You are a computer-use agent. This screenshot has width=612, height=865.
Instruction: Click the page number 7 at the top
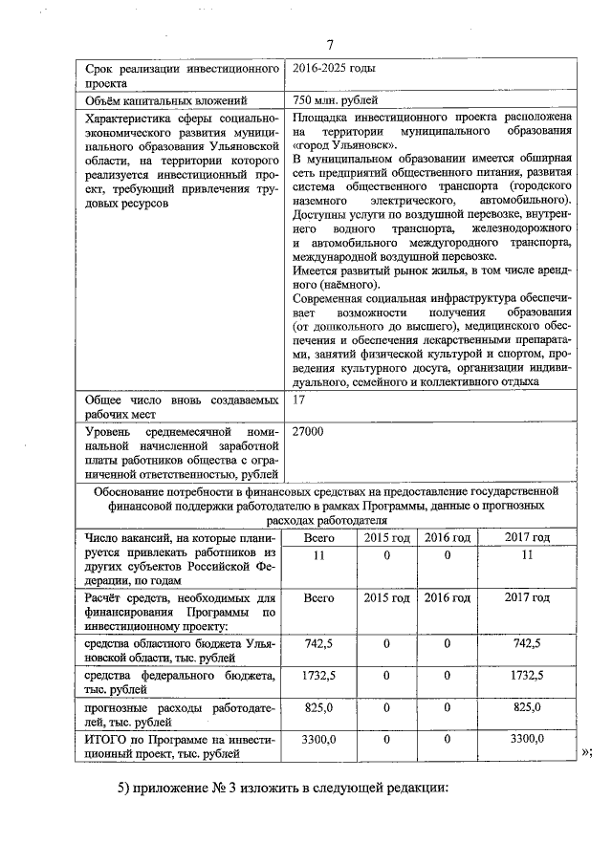(329, 44)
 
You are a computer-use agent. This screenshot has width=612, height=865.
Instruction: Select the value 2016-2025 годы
(335, 69)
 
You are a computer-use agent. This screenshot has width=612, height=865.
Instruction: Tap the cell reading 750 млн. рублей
(336, 99)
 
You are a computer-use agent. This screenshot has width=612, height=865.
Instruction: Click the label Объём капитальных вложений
(167, 99)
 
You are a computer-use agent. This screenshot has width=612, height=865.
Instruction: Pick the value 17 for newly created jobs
(299, 400)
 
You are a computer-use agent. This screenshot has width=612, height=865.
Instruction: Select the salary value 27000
(308, 432)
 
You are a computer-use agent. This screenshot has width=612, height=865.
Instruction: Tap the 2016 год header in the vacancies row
(448, 538)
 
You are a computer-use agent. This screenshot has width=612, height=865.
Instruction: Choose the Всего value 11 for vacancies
(318, 555)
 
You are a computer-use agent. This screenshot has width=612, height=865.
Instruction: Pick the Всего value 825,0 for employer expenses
(318, 707)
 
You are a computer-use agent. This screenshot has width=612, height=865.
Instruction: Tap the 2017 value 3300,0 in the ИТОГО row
(527, 739)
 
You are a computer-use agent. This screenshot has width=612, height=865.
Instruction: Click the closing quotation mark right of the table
(586, 751)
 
